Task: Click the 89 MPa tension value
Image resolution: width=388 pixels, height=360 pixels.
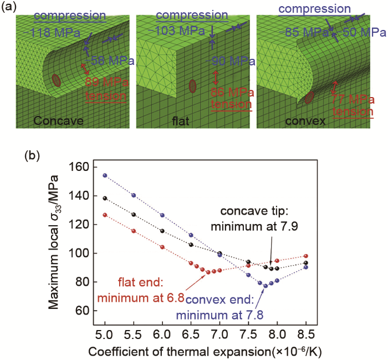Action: (x=106, y=82)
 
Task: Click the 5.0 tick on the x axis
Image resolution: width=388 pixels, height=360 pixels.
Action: (x=105, y=336)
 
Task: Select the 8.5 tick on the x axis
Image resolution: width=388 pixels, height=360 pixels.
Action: (x=305, y=336)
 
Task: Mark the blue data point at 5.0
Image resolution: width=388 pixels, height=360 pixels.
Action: (x=105, y=175)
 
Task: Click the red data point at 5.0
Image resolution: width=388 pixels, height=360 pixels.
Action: (x=105, y=215)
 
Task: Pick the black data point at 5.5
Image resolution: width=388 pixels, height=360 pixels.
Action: (x=134, y=214)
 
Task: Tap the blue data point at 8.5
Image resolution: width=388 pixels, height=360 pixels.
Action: (x=305, y=267)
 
